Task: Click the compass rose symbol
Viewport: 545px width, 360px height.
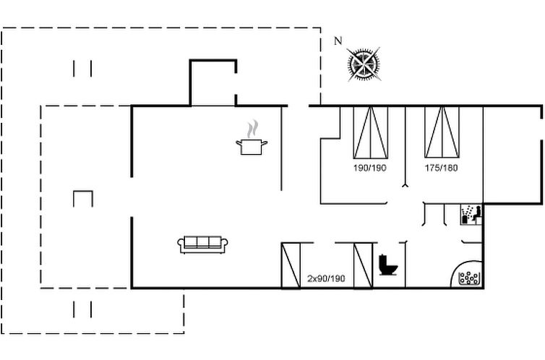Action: tap(364, 64)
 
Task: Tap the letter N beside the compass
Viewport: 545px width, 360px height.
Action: tap(338, 41)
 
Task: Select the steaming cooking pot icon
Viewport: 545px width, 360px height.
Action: tap(252, 146)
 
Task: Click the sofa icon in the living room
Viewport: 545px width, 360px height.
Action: tap(203, 244)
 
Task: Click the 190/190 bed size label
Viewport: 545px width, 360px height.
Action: tap(369, 168)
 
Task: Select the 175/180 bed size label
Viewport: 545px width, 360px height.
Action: tap(441, 168)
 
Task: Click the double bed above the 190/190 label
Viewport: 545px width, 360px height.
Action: tap(370, 132)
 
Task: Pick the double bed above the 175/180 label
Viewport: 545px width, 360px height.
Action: tap(442, 132)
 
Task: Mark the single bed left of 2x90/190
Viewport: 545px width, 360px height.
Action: tap(290, 265)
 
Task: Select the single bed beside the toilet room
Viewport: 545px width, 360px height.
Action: tap(362, 265)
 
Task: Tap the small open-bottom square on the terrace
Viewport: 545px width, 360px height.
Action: tap(83, 198)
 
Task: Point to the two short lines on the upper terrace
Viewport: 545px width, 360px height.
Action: tap(82, 69)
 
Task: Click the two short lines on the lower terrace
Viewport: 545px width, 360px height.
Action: tap(82, 309)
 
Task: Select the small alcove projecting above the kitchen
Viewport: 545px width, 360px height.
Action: tap(213, 83)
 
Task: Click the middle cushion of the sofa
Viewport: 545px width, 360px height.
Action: tap(203, 244)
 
